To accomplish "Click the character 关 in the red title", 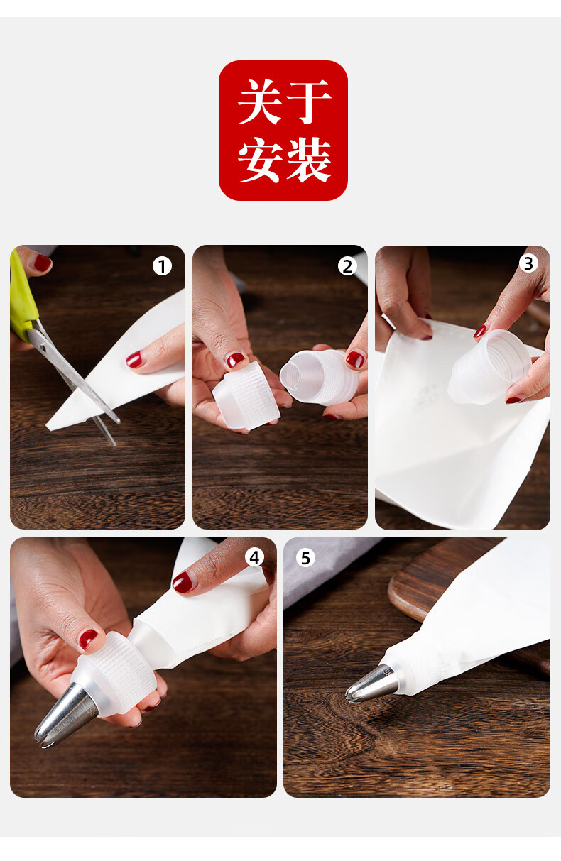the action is (x=261, y=102).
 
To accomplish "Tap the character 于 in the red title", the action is (x=308, y=102).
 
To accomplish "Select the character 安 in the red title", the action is (x=261, y=160).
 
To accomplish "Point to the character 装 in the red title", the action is (x=308, y=160).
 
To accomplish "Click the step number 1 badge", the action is (x=162, y=266).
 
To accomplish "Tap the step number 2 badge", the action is (x=347, y=266).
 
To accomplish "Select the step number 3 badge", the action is (x=528, y=263).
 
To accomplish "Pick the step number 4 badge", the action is (x=254, y=557).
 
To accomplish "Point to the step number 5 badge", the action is (x=305, y=558).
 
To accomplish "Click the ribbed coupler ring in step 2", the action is (x=247, y=395).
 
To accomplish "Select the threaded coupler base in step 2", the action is (x=319, y=377).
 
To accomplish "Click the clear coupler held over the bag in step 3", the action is (x=489, y=367).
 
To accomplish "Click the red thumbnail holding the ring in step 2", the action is (x=235, y=360).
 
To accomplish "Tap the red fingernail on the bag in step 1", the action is (x=134, y=359).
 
